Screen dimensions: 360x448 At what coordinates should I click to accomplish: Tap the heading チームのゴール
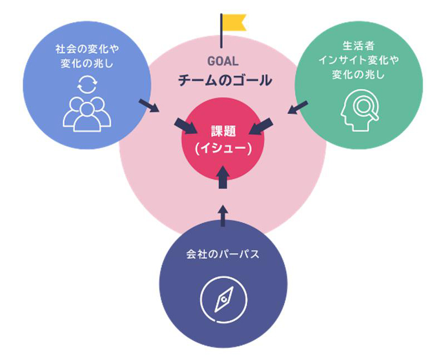225,80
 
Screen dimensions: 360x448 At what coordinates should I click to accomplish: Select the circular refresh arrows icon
87,85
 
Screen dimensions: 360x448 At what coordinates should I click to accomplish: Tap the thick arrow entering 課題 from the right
261,126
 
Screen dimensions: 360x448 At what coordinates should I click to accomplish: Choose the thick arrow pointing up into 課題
223,178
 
